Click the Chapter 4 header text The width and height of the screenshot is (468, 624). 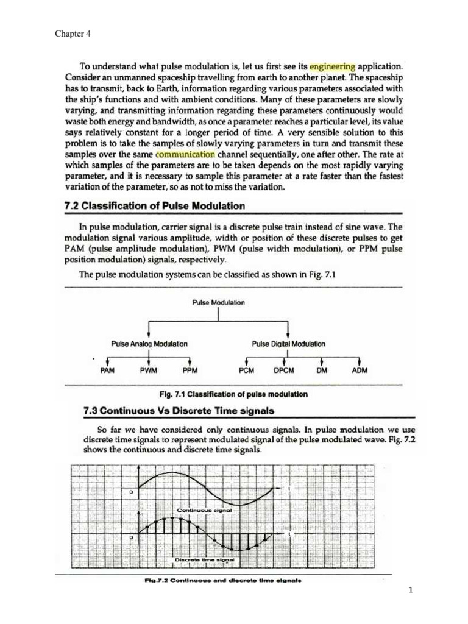(73, 34)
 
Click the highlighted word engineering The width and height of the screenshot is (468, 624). (332, 65)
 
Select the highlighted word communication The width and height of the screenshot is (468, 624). (190, 154)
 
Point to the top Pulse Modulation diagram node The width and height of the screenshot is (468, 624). (219, 302)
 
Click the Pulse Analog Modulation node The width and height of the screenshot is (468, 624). (149, 344)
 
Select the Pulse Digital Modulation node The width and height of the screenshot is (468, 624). (289, 344)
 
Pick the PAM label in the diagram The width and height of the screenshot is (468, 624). (107, 370)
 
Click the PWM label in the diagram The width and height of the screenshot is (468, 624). (149, 370)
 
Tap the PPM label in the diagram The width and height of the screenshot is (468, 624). (190, 370)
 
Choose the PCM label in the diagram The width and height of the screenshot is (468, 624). (247, 370)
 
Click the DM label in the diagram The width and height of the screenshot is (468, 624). (322, 370)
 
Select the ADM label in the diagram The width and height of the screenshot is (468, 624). (360, 370)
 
